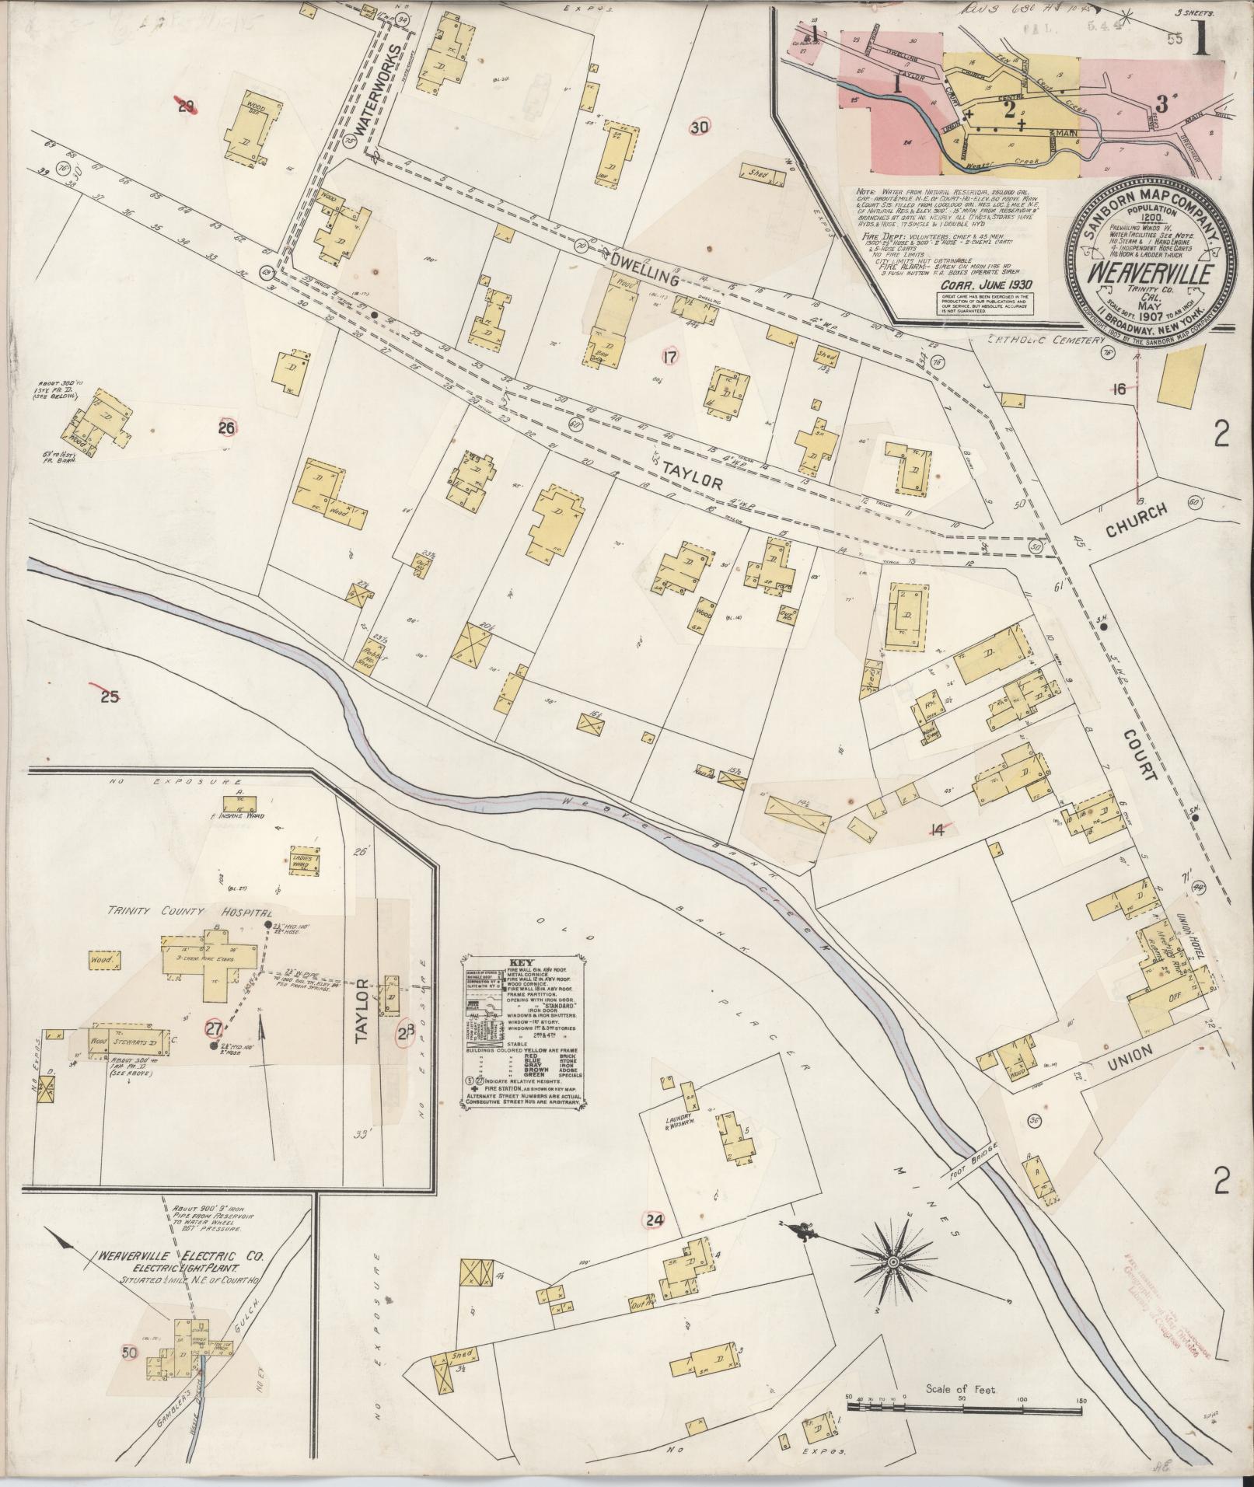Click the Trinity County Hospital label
click(x=190, y=912)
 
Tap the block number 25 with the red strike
click(x=110, y=696)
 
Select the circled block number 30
click(x=700, y=127)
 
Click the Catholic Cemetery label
click(x=1046, y=340)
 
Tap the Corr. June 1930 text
click(x=976, y=285)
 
